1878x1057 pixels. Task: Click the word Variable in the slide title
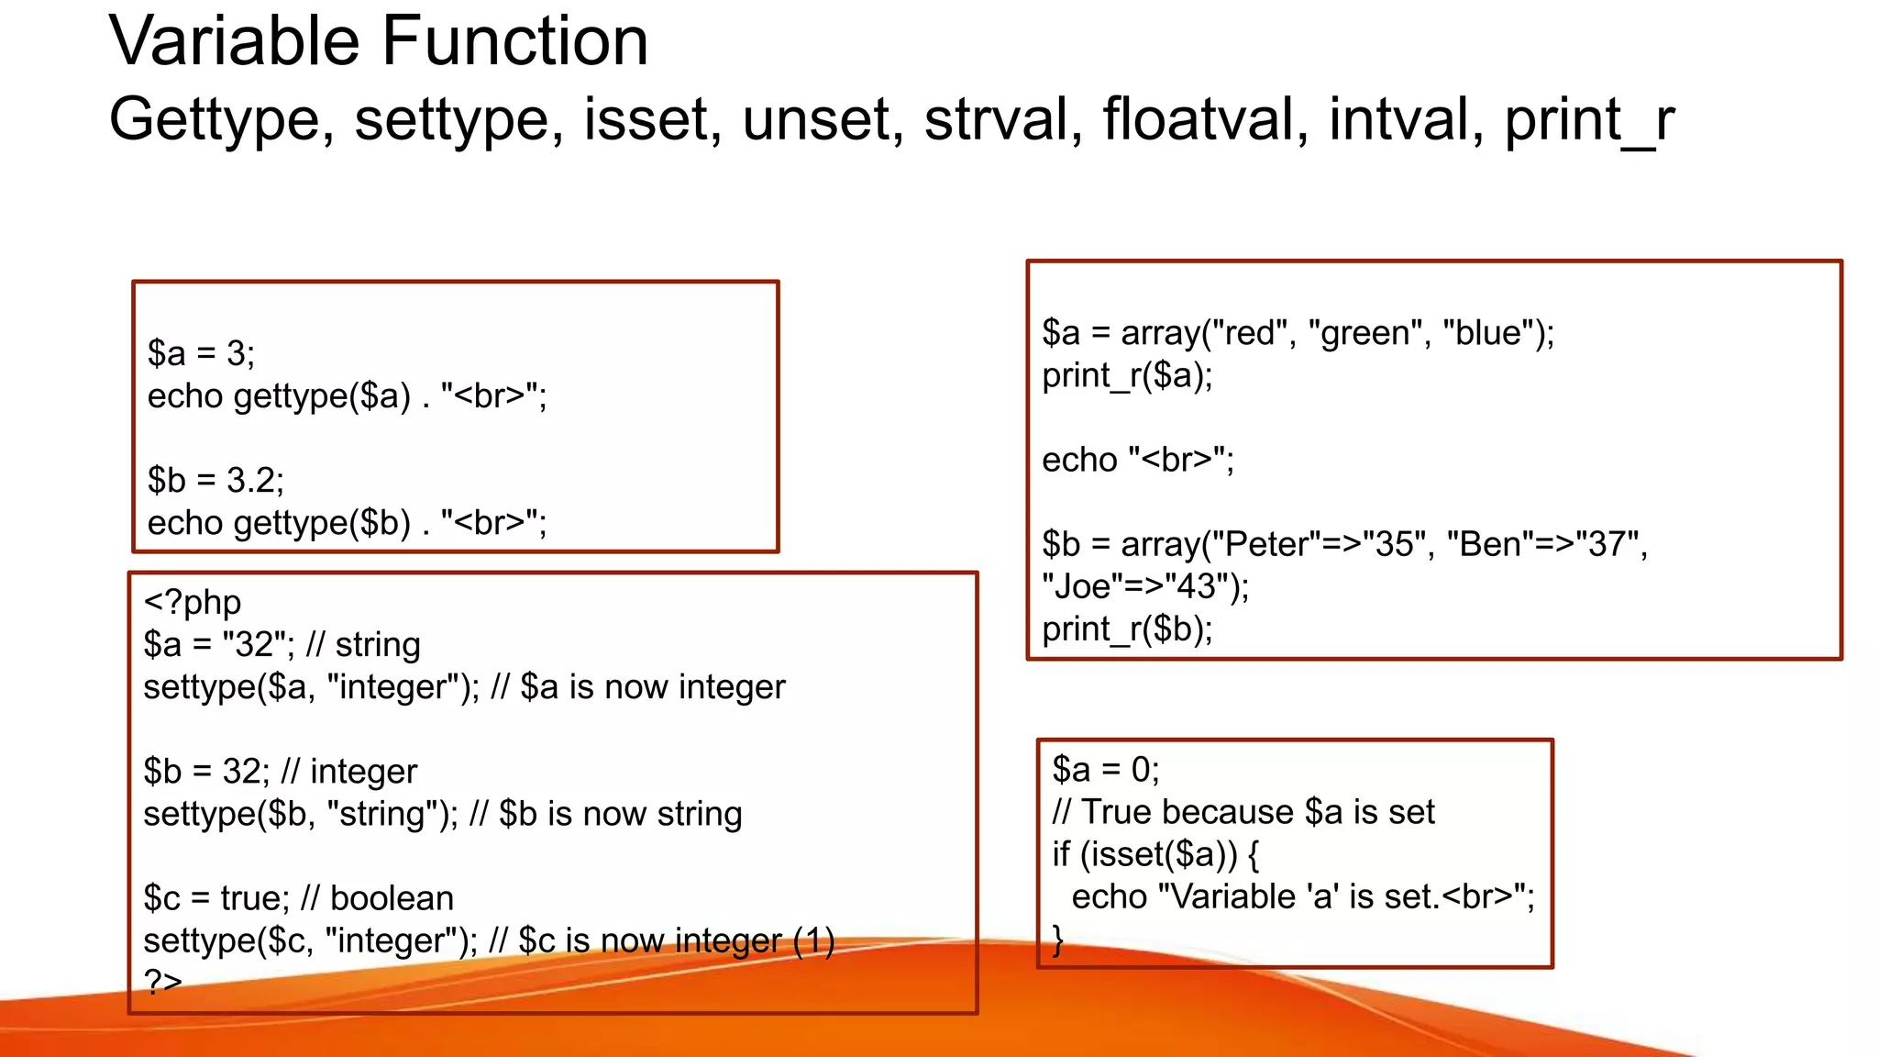pos(235,42)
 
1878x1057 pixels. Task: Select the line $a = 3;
pos(201,353)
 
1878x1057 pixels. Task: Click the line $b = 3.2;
pos(215,480)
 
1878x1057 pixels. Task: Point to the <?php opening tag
pos(193,603)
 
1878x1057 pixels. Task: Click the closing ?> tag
pos(163,982)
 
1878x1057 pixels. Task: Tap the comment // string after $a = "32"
pos(363,645)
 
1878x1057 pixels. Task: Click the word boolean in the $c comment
pos(392,898)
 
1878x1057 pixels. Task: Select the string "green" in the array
pos(1366,333)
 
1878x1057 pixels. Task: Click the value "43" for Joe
pos(1196,587)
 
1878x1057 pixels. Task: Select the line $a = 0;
pos(1105,770)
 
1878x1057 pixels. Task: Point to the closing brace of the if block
pos(1058,940)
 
